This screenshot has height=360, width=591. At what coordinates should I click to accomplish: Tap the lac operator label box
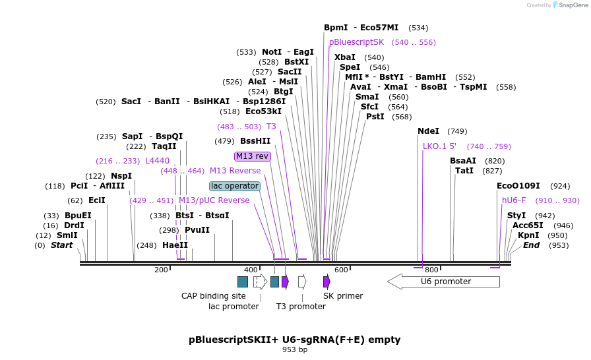coord(235,186)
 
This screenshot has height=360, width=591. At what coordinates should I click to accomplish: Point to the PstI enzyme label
coord(375,117)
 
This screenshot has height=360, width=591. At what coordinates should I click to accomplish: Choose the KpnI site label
coord(528,235)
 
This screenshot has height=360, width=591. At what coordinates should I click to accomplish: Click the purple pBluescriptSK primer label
coord(356,42)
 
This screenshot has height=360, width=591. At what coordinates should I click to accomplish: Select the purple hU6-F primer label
coord(514,200)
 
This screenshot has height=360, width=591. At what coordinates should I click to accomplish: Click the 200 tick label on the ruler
coord(161,270)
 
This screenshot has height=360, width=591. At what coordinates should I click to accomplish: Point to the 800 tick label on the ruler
coord(431,270)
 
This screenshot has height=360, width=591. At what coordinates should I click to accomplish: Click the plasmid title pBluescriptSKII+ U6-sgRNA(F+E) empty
coord(295,340)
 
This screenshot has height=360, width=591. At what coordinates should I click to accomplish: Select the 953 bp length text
coord(295,349)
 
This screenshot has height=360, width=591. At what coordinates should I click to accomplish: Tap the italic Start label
coord(61,245)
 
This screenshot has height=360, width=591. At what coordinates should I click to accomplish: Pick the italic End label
coord(531,245)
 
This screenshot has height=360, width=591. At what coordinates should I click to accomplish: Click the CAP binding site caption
coord(213,295)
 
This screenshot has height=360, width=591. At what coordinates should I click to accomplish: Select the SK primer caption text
coord(343,295)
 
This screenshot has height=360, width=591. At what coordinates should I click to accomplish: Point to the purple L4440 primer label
coord(157,160)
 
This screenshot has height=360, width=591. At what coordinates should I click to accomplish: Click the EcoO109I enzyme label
coord(518,186)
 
